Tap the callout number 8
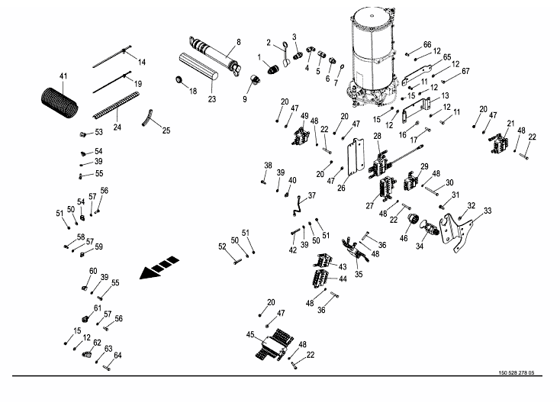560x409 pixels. [x=238, y=41]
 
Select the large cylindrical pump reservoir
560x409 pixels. [x=372, y=53]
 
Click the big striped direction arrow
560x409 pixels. [x=160, y=269]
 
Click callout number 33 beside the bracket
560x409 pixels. [x=488, y=211]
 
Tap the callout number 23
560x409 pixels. [x=212, y=98]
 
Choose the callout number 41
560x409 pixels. [x=63, y=76]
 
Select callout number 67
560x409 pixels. [x=465, y=71]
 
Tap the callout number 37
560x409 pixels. [x=311, y=195]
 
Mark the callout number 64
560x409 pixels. [x=117, y=356]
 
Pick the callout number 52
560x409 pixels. [x=223, y=246]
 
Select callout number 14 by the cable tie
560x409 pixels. [x=141, y=61]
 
